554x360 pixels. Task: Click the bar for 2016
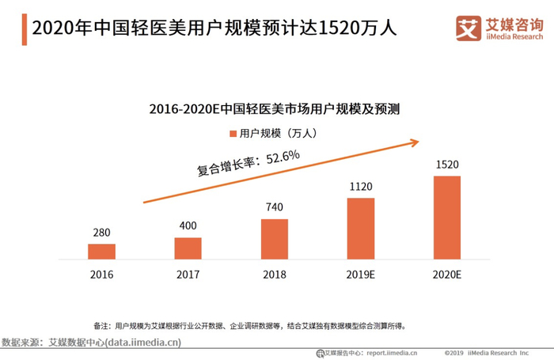[x=101, y=251]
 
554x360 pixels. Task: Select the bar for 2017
[x=188, y=248]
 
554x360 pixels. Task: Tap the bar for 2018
[x=275, y=239]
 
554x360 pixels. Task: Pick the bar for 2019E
[x=361, y=228]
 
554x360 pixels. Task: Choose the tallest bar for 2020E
[x=447, y=217]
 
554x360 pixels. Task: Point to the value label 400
[x=188, y=225]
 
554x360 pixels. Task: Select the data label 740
[x=275, y=207]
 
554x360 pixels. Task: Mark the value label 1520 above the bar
[x=447, y=165]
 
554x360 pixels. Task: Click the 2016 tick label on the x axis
[x=101, y=275]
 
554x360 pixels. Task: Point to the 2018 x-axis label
[x=275, y=275]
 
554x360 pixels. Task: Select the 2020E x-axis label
[x=447, y=275]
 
